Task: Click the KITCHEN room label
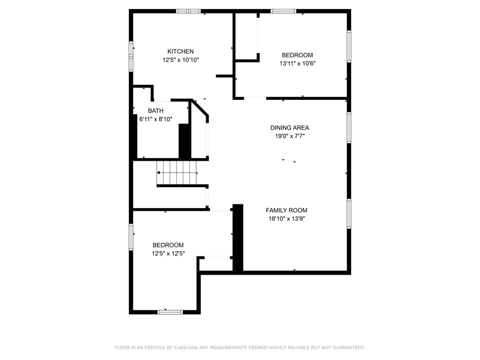pyautogui.click(x=180, y=52)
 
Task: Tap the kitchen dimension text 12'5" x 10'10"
pyautogui.click(x=180, y=60)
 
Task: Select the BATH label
pyautogui.click(x=156, y=111)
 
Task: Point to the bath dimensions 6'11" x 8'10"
pyautogui.click(x=156, y=119)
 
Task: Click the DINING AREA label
pyautogui.click(x=290, y=127)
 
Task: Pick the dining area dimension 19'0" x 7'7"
pyautogui.click(x=290, y=136)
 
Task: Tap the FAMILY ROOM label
pyautogui.click(x=286, y=210)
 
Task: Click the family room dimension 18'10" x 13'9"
pyautogui.click(x=286, y=219)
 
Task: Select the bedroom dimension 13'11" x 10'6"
pyautogui.click(x=297, y=64)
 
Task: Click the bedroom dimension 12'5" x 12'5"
pyautogui.click(x=168, y=254)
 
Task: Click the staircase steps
pyautogui.click(x=177, y=172)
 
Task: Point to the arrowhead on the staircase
pyautogui.click(x=158, y=173)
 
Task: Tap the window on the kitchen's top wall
pyautogui.click(x=188, y=11)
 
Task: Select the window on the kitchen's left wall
pyautogui.click(x=131, y=56)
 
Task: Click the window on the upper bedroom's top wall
pyautogui.click(x=283, y=11)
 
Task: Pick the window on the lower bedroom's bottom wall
pyautogui.click(x=170, y=312)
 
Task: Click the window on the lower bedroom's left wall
pyautogui.click(x=131, y=237)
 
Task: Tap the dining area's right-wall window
pyautogui.click(x=349, y=127)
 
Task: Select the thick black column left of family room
pyautogui.click(x=238, y=238)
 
